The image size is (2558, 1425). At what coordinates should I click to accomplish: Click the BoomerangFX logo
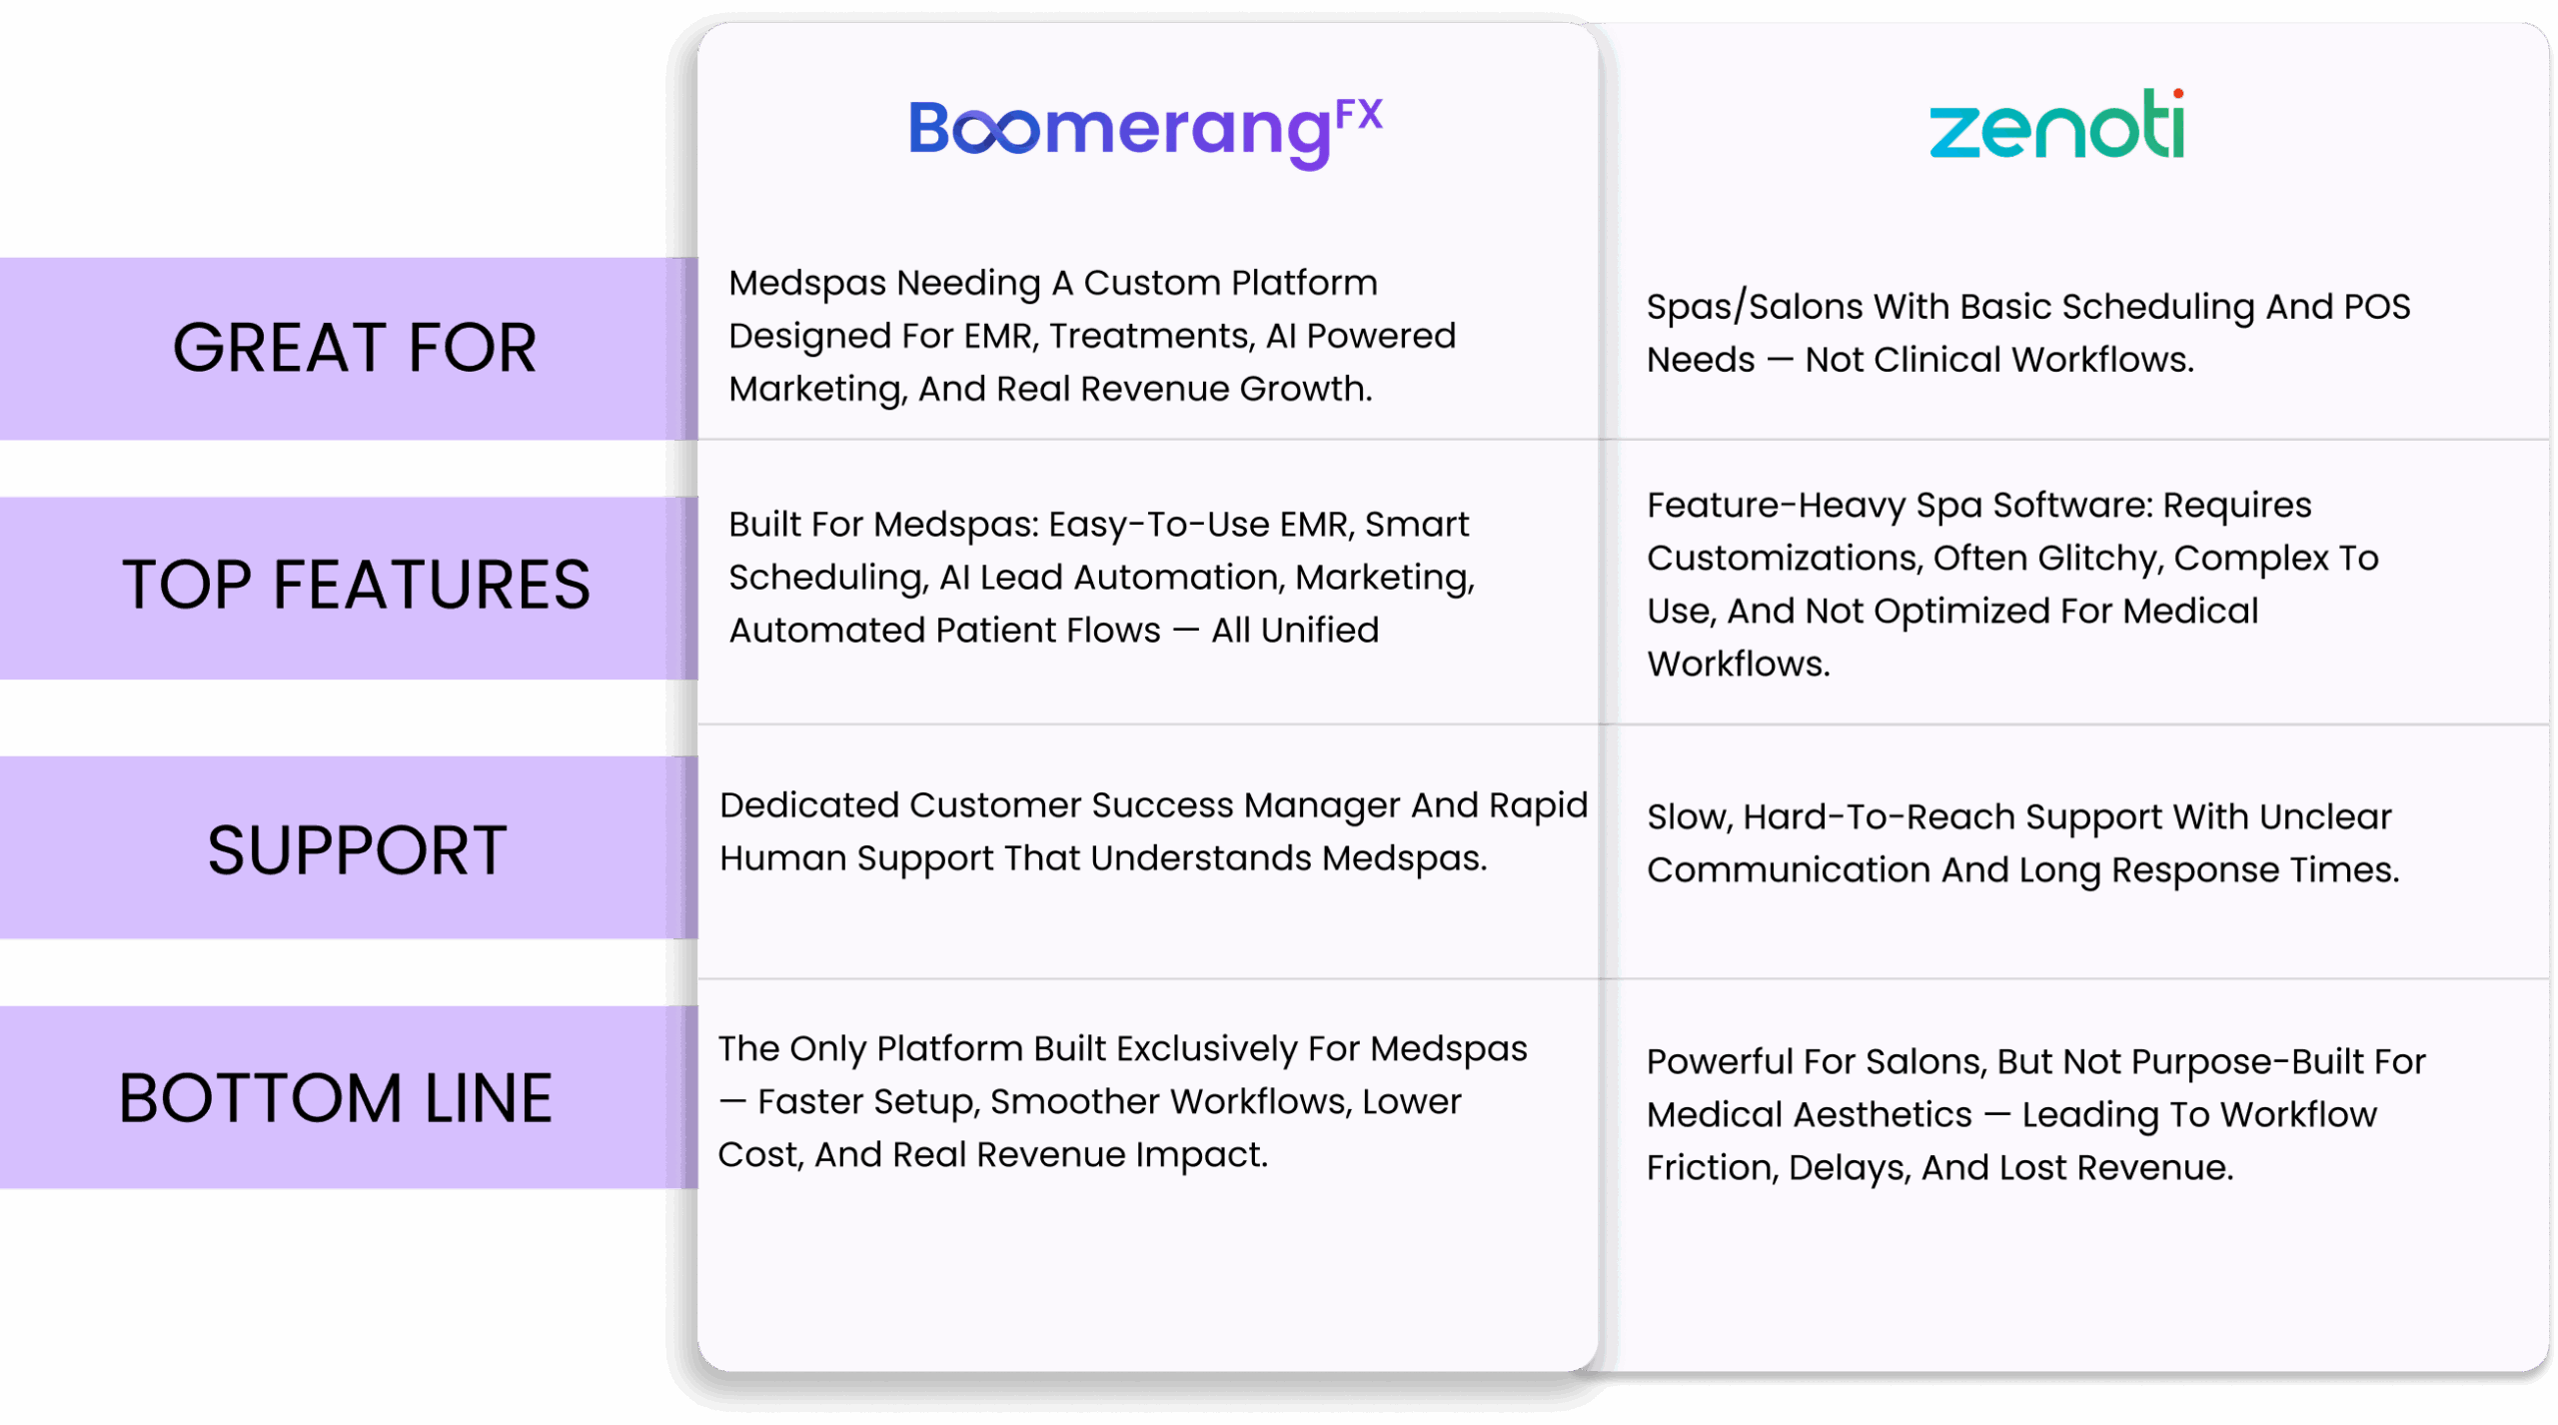tap(1145, 132)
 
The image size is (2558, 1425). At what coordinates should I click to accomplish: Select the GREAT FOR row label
tap(355, 348)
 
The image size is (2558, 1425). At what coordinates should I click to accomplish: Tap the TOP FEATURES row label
tap(356, 585)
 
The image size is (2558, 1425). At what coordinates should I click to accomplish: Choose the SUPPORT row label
tap(357, 850)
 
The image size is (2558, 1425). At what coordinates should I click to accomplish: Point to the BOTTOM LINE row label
tap(336, 1098)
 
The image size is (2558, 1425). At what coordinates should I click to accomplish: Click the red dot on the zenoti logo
tap(2177, 94)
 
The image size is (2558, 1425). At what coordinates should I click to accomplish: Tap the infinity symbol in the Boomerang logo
tap(996, 132)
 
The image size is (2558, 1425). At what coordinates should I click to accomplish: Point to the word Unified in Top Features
tap(1320, 631)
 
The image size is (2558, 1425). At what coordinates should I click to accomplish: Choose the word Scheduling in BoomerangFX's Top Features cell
tap(826, 579)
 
